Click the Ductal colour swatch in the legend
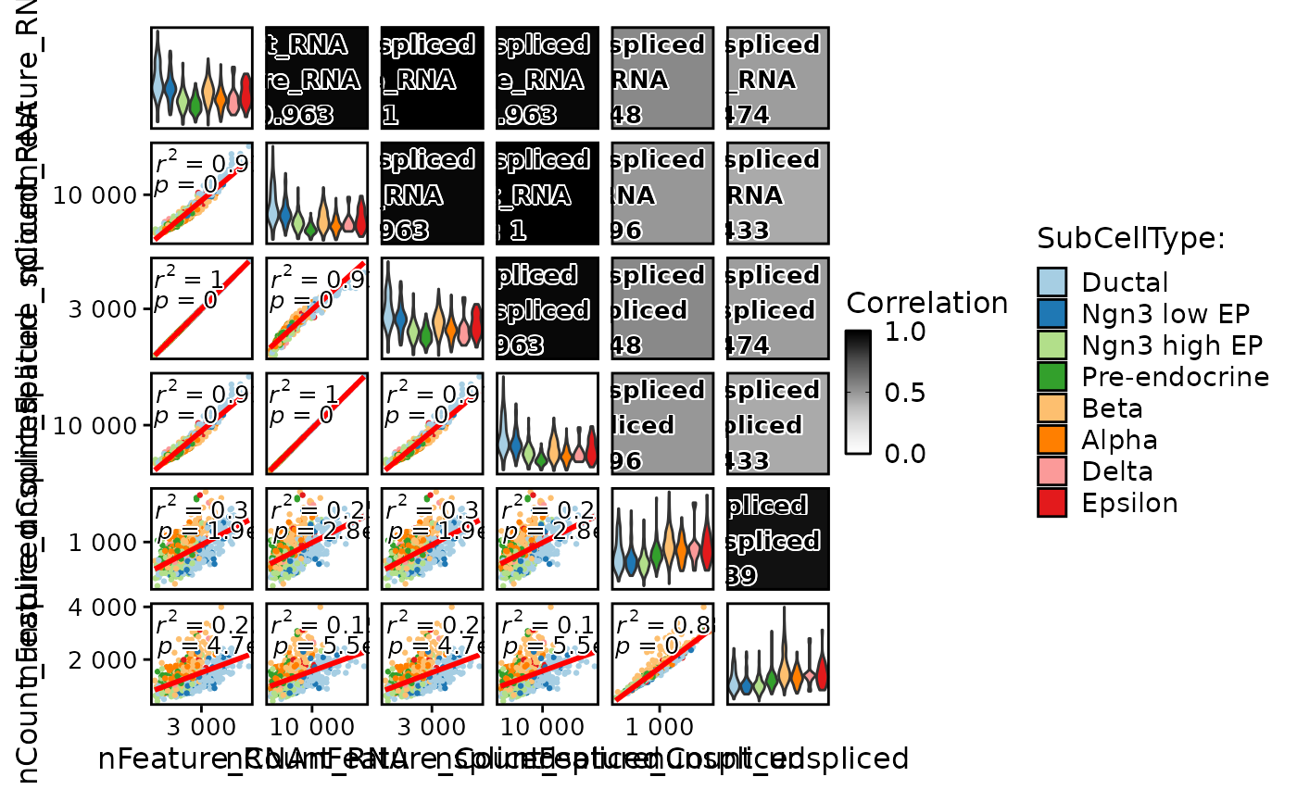[1052, 282]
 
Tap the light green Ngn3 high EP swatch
[1052, 345]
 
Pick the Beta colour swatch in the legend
[1052, 408]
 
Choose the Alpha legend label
[1119, 440]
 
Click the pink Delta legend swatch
[1052, 471]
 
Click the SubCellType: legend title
[1131, 239]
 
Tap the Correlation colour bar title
[926, 304]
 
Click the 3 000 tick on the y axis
[105, 309]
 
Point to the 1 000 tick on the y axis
[105, 541]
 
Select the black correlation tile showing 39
[777, 539]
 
